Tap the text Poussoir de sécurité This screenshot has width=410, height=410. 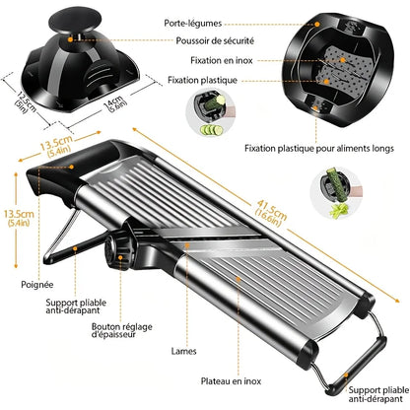point(217,40)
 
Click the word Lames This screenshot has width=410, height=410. point(182,349)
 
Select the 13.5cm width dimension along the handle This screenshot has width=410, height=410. point(55,147)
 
